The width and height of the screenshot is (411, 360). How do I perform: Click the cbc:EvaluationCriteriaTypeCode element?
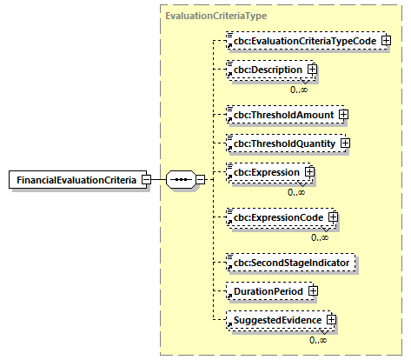(x=301, y=41)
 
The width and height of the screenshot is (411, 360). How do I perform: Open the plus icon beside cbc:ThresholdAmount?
(x=343, y=113)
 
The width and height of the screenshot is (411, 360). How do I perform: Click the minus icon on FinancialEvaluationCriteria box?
(x=146, y=180)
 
